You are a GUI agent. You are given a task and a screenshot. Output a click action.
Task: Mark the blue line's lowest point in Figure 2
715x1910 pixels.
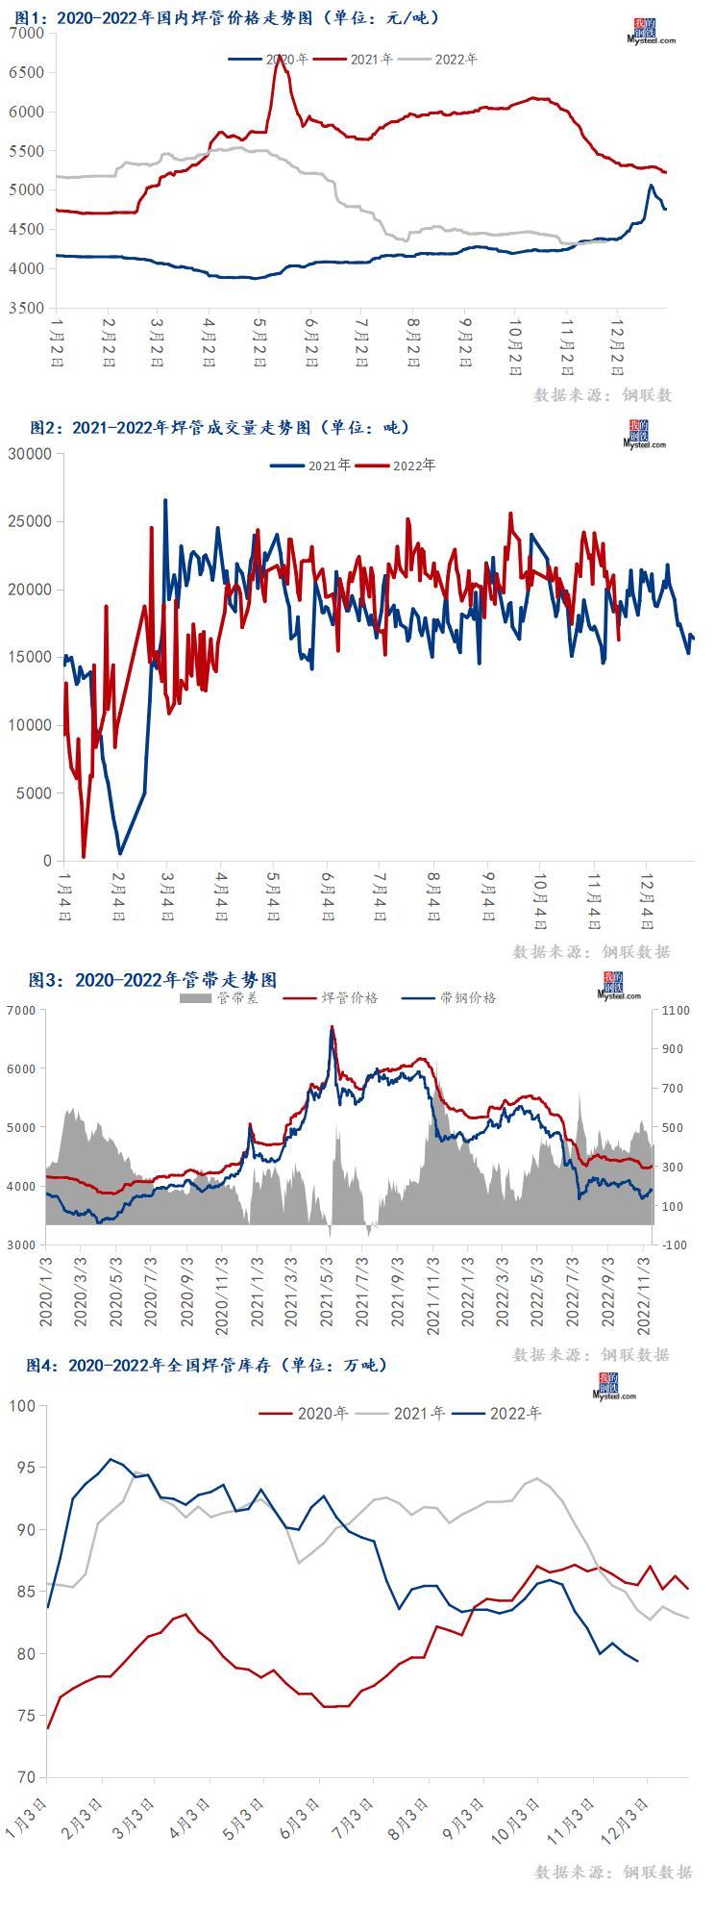(x=120, y=852)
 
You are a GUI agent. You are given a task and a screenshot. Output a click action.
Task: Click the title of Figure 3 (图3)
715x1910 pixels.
(x=153, y=980)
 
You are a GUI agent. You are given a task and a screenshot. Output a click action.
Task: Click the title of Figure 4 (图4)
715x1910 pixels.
(x=206, y=1365)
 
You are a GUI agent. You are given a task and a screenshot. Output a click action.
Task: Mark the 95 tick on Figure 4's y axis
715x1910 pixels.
(x=26, y=1469)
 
